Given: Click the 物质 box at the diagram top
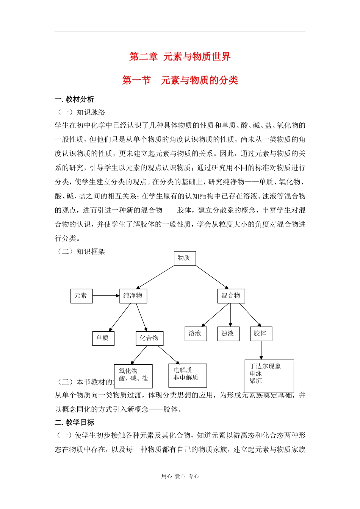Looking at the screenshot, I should click(x=185, y=258).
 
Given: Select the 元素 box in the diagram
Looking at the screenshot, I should click(x=81, y=296).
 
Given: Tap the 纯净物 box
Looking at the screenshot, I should click(x=133, y=296).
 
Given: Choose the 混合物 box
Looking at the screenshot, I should click(x=231, y=296).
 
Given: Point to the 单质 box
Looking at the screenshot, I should click(x=103, y=338).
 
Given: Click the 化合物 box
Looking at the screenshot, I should click(x=149, y=338).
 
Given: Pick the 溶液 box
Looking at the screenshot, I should click(x=196, y=334).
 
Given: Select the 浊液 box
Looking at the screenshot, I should click(x=228, y=334).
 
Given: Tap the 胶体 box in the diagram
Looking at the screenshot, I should click(x=261, y=334).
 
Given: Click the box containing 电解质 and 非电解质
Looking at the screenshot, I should click(x=188, y=375).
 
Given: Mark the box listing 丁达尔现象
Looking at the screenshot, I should click(x=269, y=376).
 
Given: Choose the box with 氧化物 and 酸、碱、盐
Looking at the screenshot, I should click(x=133, y=376).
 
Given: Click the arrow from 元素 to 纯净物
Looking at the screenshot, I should click(x=106, y=296).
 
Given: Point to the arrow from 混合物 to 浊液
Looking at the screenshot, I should click(x=230, y=315).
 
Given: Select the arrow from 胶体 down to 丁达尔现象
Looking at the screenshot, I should click(x=261, y=350).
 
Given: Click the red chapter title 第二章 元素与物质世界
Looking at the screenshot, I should click(x=180, y=57).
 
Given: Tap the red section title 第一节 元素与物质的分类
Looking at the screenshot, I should click(x=180, y=80).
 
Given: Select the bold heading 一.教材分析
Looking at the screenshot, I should click(x=75, y=100).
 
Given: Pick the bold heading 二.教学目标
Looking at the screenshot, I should click(x=75, y=423).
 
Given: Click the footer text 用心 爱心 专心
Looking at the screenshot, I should click(x=180, y=476).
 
